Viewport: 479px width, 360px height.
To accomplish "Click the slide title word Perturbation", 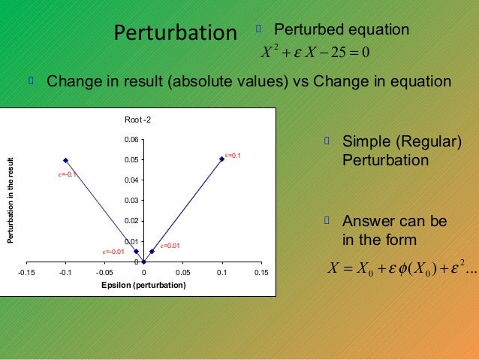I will pyautogui.click(x=174, y=33).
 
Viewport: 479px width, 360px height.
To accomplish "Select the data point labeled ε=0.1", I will pyautogui.click(x=222, y=159).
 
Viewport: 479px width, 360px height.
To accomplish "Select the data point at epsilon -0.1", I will pyautogui.click(x=66, y=160).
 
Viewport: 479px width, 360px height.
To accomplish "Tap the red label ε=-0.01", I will pyautogui.click(x=114, y=251).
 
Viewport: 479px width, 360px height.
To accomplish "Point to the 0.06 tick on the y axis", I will pyautogui.click(x=131, y=140).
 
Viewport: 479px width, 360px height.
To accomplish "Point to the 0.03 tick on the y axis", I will pyautogui.click(x=131, y=201).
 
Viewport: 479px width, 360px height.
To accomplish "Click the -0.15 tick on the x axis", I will pyautogui.click(x=27, y=274).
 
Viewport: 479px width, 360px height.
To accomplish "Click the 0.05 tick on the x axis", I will pyautogui.click(x=182, y=274).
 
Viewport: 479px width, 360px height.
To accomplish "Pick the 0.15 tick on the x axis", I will pyautogui.click(x=261, y=274).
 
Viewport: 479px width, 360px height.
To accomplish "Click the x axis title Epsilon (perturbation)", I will pyautogui.click(x=144, y=286).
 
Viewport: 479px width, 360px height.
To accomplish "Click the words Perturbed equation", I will pyautogui.click(x=342, y=30).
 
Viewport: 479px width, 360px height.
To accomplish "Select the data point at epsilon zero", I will pyautogui.click(x=143, y=262).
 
